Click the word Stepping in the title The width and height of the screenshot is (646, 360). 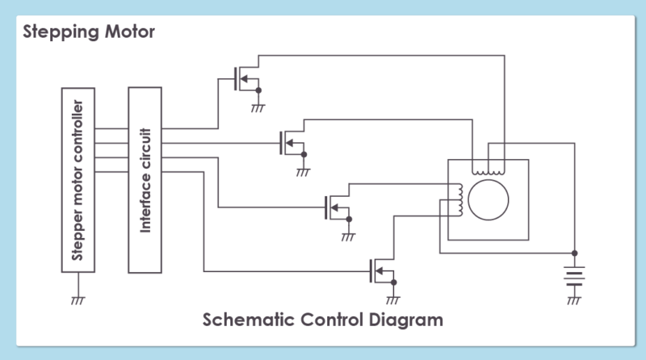56,33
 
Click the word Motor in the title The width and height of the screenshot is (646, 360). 123,33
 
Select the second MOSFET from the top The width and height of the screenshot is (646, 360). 287,144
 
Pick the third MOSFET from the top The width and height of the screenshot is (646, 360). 333,207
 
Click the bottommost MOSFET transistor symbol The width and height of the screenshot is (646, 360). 379,270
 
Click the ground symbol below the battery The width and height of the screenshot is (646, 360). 574,300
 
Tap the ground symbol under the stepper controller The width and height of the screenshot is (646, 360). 78,299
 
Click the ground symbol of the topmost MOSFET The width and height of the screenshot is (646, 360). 258,107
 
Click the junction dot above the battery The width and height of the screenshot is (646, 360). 574,250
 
